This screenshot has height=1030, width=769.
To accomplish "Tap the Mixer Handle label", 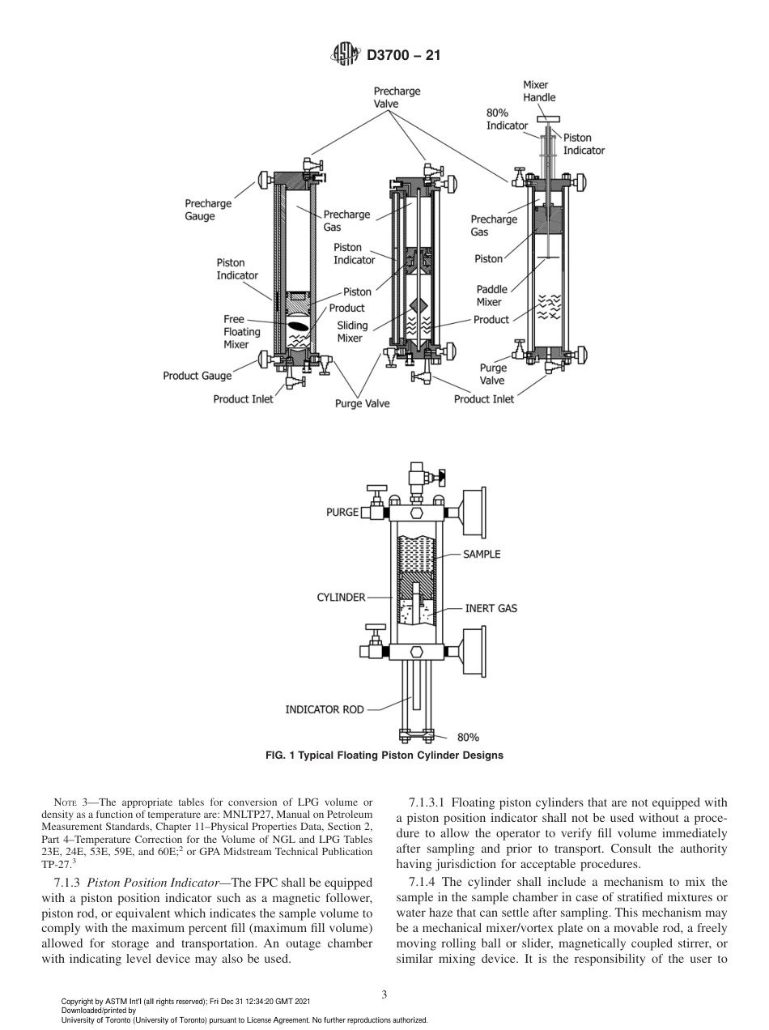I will point(539,91).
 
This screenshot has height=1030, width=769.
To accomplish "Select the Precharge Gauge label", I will point(208,210).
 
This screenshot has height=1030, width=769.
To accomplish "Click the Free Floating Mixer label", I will point(241,332).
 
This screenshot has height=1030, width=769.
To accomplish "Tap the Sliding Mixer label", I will point(352,331).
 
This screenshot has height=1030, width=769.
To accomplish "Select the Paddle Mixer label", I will point(492,296).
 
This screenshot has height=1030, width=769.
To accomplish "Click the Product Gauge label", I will point(197,376).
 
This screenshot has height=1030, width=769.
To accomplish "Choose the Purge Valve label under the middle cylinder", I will point(362,403).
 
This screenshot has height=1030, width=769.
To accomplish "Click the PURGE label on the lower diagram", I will point(342,513).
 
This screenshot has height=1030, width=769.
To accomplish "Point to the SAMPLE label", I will point(482,555).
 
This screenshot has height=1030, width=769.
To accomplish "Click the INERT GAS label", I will point(491,608).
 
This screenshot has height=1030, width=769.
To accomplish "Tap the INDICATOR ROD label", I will point(324,709).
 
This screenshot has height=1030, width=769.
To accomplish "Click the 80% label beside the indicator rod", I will point(468,738).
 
